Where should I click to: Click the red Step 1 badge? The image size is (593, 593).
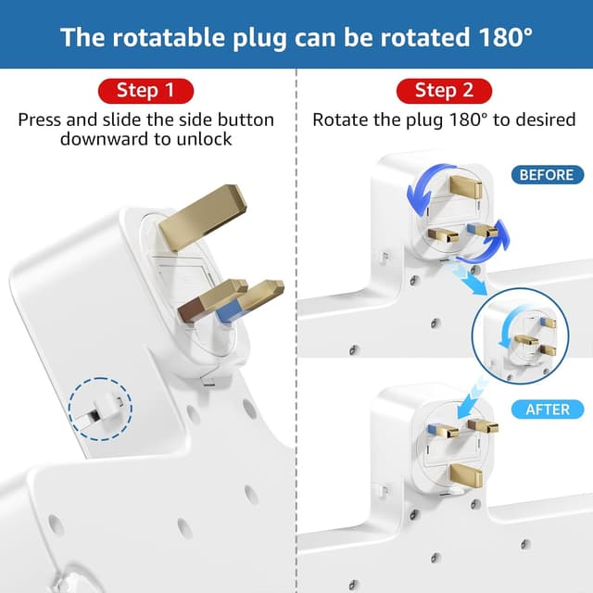145,91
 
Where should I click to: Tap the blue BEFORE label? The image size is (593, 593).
546,174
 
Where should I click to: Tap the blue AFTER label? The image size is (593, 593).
554,409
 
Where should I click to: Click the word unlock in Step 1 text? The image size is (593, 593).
204,139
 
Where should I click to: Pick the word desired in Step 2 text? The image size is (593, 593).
549,120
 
